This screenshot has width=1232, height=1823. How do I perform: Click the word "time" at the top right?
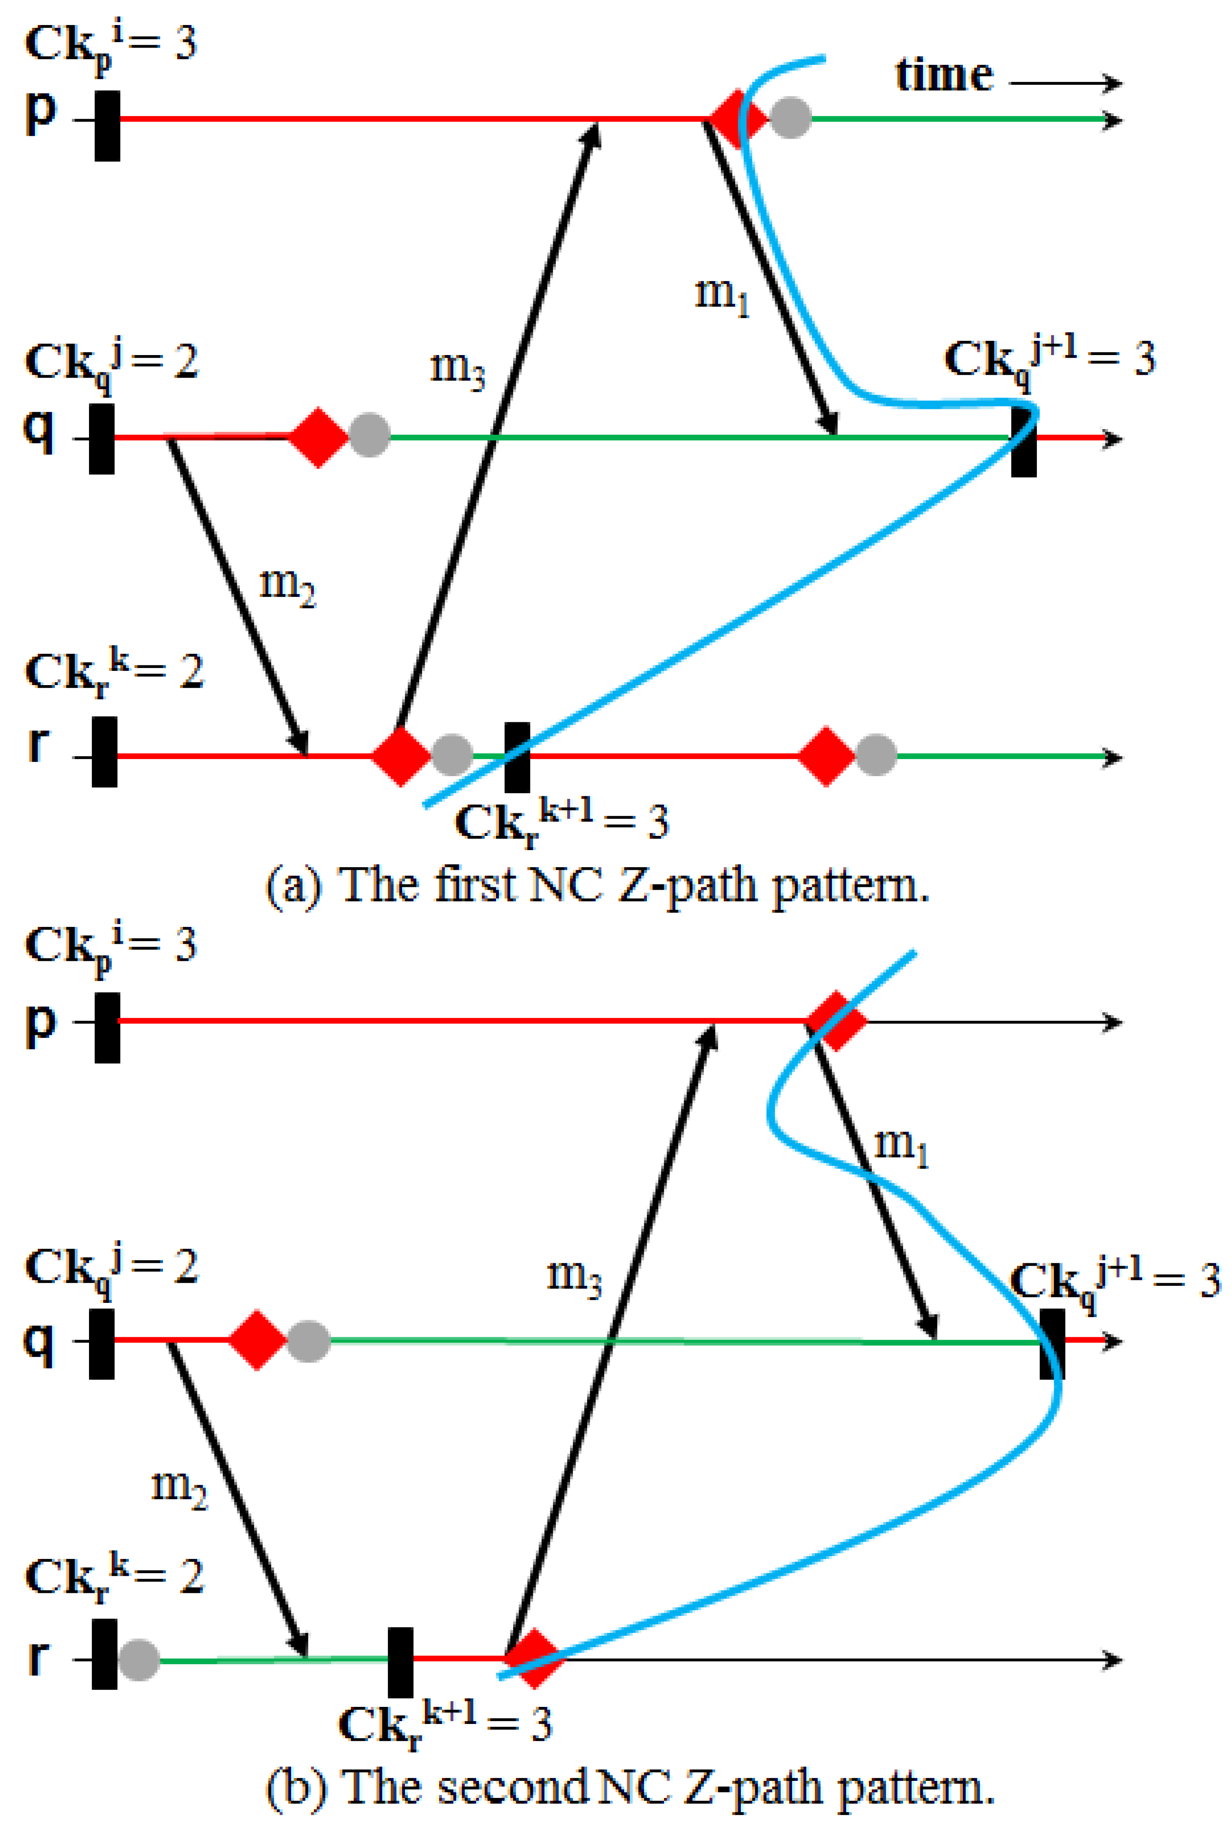click(944, 76)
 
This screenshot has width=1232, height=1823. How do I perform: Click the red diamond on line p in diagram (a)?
click(736, 119)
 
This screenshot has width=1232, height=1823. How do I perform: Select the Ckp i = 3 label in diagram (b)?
click(110, 945)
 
